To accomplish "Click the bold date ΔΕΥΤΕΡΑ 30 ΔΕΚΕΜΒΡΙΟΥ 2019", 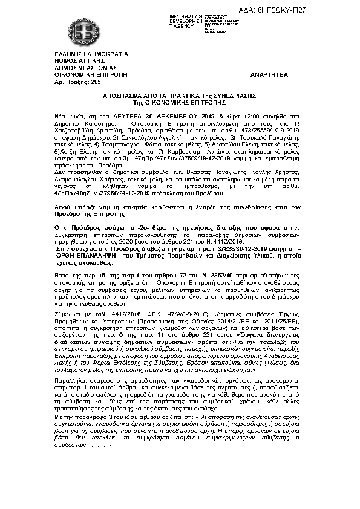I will [162, 115].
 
